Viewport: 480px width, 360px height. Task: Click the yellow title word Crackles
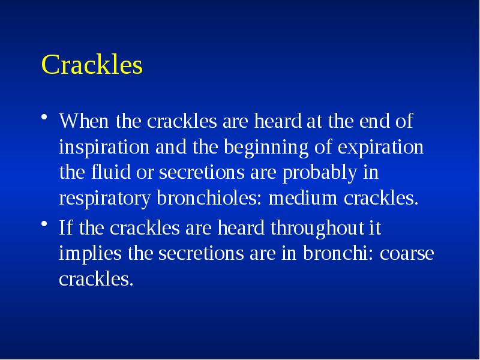tap(92, 65)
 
